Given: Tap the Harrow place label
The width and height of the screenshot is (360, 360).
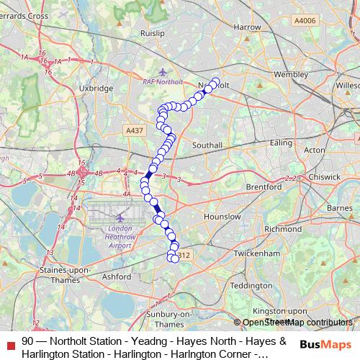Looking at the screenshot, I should coord(247,27).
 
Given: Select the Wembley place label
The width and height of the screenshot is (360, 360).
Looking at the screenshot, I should coord(291,73).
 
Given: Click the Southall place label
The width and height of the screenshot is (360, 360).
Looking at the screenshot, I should coord(207,145).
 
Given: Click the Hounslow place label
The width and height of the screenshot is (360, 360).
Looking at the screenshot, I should coord(222,216).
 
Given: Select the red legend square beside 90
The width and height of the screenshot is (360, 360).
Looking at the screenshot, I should coord(10,342).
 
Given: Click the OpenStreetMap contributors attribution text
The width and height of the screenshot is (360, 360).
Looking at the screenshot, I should coord(297,323).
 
